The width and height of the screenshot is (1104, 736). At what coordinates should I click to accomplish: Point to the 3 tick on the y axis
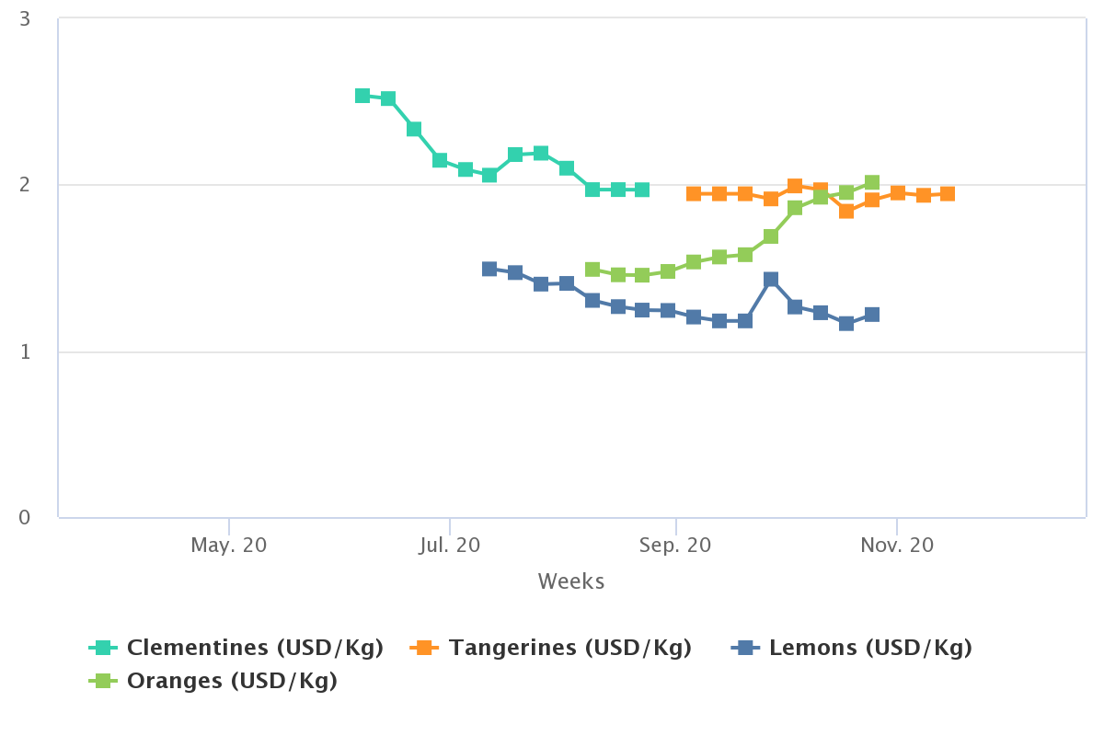(x=25, y=19)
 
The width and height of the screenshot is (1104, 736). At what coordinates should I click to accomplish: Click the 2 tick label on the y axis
(x=25, y=185)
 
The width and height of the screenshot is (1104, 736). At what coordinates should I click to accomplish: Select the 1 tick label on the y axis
(x=25, y=351)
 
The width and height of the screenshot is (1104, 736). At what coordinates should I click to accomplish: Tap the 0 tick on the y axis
(x=25, y=518)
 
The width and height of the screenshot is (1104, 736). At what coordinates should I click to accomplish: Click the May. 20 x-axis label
(x=229, y=546)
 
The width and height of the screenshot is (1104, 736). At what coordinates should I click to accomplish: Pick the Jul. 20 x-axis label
(x=449, y=546)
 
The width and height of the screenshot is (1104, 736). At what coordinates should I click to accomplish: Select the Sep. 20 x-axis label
(x=676, y=546)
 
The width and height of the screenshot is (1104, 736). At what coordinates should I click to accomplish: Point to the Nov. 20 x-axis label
(x=897, y=546)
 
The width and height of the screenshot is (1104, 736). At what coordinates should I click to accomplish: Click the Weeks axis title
(x=571, y=581)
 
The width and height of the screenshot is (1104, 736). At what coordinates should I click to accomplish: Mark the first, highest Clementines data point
(x=362, y=96)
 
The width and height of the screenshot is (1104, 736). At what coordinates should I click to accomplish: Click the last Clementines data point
(x=642, y=190)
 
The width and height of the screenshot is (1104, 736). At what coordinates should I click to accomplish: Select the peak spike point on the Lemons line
(x=771, y=280)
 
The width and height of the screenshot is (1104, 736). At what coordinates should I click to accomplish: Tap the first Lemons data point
(x=489, y=270)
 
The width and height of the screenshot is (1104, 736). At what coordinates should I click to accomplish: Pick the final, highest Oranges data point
(x=872, y=183)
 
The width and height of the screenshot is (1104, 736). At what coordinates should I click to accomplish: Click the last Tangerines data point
(x=948, y=194)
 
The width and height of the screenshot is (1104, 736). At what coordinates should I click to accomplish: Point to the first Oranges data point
(x=592, y=270)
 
